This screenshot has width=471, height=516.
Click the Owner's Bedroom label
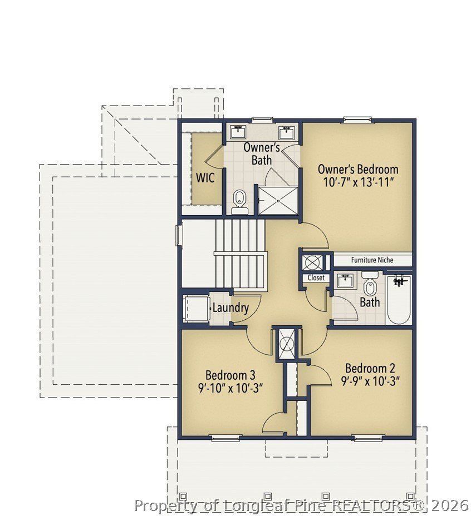[358, 169]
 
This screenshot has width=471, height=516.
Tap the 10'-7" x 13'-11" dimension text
[358, 183]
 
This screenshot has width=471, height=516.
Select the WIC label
[205, 179]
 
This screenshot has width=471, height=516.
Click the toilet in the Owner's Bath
[239, 201]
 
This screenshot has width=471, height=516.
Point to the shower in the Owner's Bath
[277, 200]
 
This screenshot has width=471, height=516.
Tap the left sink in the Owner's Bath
[239, 132]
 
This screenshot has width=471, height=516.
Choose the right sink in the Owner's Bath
[286, 132]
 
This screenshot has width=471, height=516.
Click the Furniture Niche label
[372, 260]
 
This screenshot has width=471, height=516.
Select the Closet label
[316, 277]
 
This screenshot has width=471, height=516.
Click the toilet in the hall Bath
[370, 286]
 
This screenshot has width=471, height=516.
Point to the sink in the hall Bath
[345, 280]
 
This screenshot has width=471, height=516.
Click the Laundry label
[230, 307]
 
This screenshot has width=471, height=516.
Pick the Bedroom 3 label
[230, 374]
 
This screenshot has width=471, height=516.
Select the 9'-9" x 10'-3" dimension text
[371, 381]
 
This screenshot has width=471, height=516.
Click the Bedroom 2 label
[370, 368]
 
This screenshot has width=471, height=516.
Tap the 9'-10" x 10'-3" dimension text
[230, 388]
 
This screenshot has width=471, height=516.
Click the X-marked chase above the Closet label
[310, 261]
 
